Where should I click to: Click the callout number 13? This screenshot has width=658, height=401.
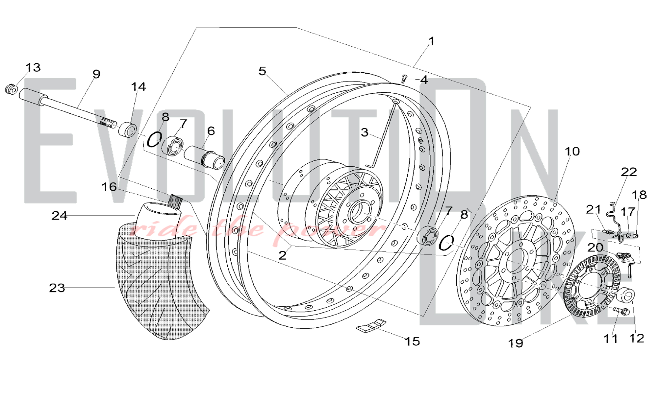(33, 67)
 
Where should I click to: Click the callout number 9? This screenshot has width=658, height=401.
(96, 74)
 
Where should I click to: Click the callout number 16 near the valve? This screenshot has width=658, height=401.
(109, 187)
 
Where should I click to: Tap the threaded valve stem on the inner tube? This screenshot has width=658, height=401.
(175, 200)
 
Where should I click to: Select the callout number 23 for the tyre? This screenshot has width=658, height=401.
(57, 288)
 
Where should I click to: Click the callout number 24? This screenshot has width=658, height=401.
(59, 216)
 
